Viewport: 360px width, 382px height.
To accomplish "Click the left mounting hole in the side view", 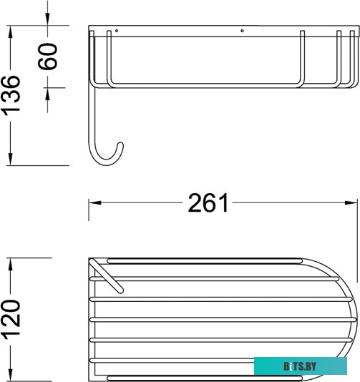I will pos(117,31).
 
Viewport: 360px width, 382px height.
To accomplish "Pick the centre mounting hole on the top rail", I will pos(243,31).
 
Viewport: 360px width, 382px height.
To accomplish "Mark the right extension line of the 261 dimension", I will pos(356,222).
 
